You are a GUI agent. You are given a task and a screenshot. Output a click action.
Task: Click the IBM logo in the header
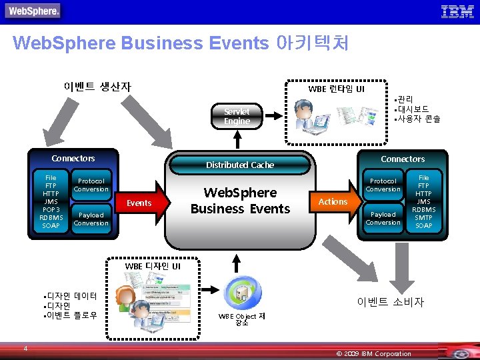click(457, 11)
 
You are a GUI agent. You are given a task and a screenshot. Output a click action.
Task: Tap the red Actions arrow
click(333, 201)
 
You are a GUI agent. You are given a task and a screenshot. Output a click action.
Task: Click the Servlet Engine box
click(237, 116)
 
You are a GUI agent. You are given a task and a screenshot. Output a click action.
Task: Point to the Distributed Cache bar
click(240, 165)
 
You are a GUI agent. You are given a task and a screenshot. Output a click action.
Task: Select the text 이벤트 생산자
click(97, 87)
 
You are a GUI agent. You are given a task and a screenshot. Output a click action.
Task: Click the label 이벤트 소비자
click(390, 302)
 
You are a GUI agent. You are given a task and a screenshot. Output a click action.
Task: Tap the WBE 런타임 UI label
click(336, 89)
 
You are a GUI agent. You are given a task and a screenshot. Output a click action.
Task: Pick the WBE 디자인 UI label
click(153, 266)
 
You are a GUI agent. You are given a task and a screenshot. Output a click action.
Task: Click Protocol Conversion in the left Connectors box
click(91, 185)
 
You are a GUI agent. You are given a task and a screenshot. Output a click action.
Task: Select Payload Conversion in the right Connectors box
click(383, 218)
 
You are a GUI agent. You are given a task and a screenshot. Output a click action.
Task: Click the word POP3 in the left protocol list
click(51, 209)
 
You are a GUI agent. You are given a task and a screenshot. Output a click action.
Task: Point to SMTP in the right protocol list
click(423, 217)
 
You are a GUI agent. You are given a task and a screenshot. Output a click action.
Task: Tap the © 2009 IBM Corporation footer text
click(374, 353)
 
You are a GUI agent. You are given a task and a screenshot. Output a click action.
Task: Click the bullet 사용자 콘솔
click(418, 119)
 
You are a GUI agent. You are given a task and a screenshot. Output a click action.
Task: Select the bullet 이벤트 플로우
click(71, 315)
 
